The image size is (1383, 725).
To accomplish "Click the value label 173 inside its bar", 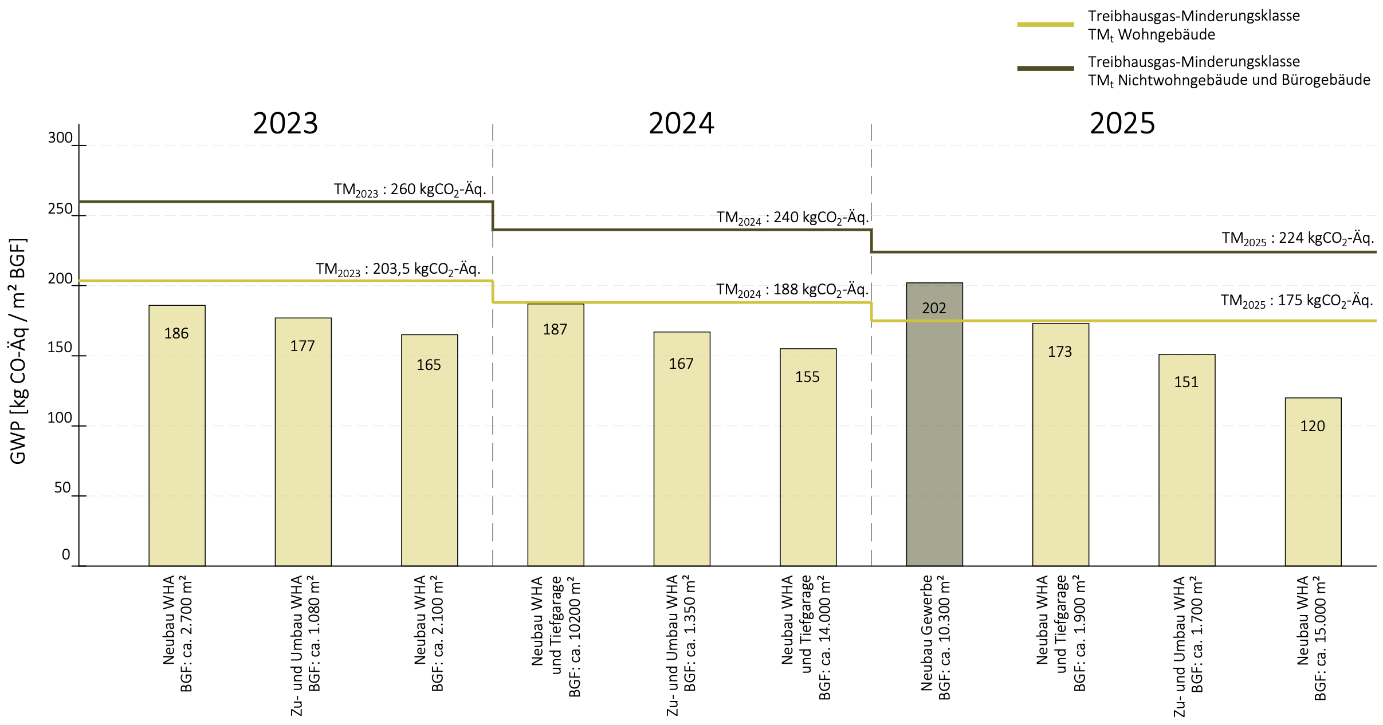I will click(1060, 352).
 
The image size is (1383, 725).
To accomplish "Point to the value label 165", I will click(429, 365).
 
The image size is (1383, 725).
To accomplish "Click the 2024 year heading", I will click(681, 123).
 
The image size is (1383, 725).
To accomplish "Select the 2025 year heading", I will click(1122, 123).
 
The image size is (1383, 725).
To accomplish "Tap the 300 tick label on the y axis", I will click(60, 138).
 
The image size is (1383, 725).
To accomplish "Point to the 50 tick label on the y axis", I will click(62, 488).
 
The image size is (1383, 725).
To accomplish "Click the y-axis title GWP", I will click(18, 350).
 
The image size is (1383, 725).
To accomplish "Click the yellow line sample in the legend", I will click(1045, 25).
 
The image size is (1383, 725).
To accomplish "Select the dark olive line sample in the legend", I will click(1045, 69).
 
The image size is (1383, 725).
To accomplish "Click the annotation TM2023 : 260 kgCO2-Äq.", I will click(410, 190).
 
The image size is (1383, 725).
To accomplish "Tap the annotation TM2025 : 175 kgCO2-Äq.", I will click(1296, 301).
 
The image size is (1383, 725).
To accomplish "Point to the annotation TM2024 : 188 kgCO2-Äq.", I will click(792, 290).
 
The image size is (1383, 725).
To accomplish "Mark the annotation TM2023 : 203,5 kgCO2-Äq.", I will click(398, 269).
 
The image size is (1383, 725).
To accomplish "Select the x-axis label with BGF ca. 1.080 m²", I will click(305, 644).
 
